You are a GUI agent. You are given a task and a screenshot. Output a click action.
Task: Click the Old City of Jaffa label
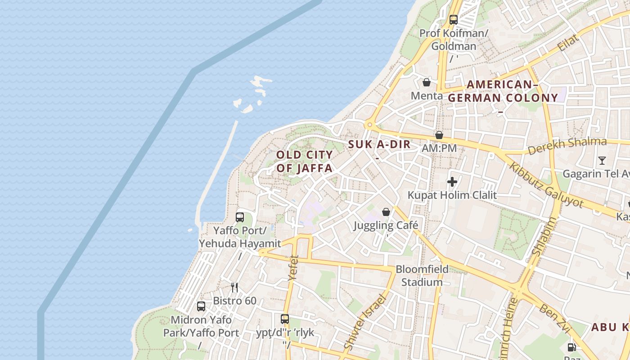(304, 162)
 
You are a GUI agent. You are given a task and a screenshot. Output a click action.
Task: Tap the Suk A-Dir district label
(379, 144)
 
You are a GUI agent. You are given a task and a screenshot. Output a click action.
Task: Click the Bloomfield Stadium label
(422, 276)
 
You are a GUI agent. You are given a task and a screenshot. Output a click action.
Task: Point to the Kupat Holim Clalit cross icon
(452, 182)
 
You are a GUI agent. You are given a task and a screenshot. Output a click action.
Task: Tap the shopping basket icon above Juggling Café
(386, 212)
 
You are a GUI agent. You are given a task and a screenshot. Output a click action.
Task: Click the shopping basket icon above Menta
(426, 82)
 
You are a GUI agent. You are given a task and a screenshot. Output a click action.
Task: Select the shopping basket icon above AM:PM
(439, 135)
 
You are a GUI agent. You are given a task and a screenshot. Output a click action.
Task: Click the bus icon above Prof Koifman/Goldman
(453, 20)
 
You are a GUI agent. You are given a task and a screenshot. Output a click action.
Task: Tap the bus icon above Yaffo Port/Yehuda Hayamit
(240, 217)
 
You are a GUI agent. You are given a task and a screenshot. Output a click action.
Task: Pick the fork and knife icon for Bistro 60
(234, 287)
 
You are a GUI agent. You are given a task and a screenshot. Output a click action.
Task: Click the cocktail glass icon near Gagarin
(602, 160)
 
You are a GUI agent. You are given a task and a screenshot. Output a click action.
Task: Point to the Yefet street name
(293, 268)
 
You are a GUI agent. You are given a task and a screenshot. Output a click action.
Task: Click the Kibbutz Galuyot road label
(546, 184)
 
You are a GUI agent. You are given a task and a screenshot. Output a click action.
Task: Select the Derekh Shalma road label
(567, 147)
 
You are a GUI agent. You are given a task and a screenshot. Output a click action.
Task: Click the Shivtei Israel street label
(365, 322)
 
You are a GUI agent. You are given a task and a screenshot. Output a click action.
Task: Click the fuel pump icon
(571, 347)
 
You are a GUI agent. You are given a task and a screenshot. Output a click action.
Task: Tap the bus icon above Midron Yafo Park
(201, 306)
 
